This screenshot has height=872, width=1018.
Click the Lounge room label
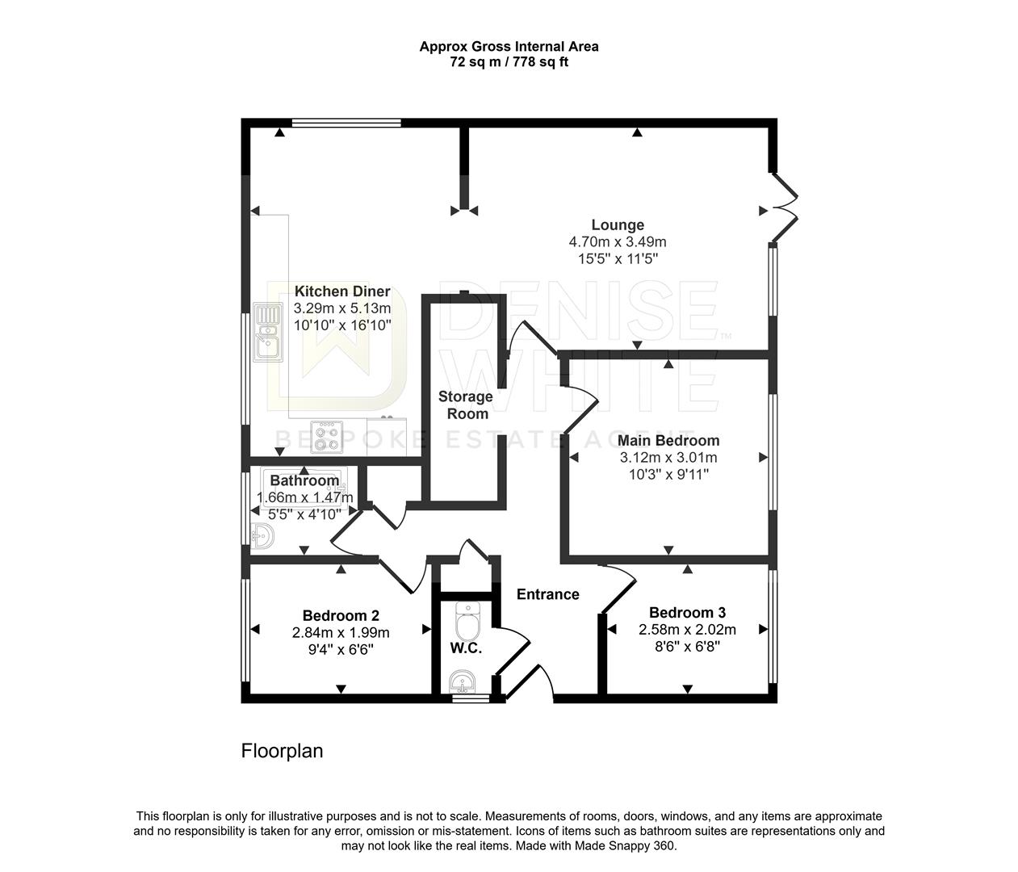(618, 225)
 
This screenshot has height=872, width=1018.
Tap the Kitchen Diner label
(342, 291)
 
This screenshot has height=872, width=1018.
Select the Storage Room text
(466, 405)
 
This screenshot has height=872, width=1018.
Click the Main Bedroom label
(668, 441)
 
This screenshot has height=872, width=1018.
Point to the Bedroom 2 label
(341, 614)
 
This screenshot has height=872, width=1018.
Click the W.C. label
(466, 648)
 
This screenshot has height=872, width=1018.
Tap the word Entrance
(548, 594)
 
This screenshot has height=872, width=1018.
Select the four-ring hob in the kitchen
(327, 436)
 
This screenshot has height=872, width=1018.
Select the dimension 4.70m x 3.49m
(618, 242)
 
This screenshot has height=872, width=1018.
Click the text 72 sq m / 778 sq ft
(509, 62)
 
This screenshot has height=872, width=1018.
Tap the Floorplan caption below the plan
(282, 751)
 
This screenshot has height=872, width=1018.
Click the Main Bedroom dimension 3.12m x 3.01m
(668, 458)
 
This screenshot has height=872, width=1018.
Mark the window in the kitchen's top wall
(346, 124)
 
